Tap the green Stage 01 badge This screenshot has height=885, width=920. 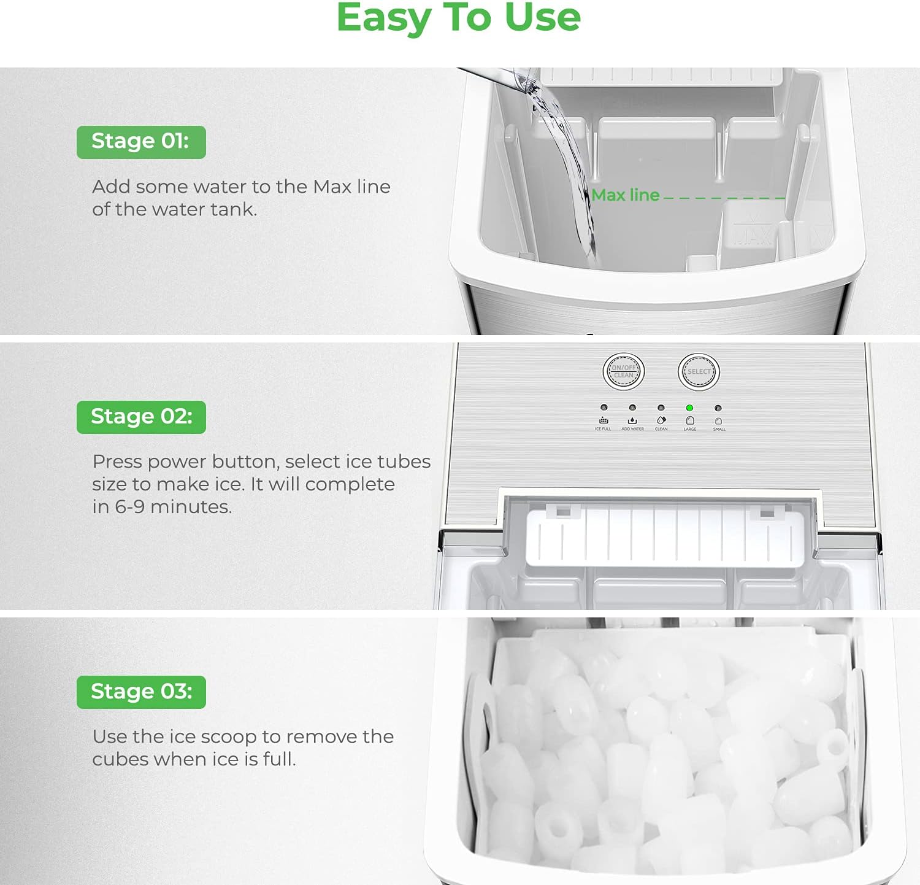[x=141, y=142]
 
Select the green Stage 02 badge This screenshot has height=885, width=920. [x=141, y=417]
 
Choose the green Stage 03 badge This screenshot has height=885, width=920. [x=141, y=692]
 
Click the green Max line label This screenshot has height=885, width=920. [x=625, y=195]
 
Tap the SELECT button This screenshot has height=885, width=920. [x=699, y=372]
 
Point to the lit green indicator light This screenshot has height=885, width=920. [x=689, y=408]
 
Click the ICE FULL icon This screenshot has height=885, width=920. [x=604, y=420]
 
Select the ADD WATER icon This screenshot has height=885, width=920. [x=632, y=420]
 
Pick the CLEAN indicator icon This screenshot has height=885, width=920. [x=661, y=420]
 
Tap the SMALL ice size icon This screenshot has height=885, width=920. [x=719, y=421]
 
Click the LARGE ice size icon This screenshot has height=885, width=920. [x=690, y=420]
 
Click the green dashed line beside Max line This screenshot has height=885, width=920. [x=724, y=198]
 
